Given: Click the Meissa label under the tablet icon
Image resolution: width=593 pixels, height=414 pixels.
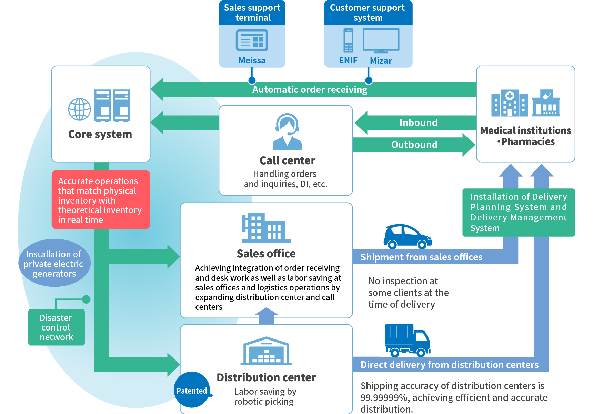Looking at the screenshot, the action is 252,60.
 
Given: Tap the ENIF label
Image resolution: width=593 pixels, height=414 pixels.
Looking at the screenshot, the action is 348,60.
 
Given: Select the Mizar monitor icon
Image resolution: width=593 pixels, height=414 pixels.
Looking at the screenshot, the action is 381,41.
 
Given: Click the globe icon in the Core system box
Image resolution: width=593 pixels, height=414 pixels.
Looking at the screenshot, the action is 80,109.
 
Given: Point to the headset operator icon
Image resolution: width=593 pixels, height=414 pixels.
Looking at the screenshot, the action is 287,131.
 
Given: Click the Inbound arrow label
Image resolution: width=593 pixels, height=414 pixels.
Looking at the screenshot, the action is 419,122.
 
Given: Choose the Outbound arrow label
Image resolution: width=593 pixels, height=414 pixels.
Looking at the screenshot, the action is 414,145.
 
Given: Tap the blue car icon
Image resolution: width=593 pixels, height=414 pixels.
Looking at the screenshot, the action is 408,237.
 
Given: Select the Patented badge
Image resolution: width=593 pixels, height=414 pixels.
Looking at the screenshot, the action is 192,390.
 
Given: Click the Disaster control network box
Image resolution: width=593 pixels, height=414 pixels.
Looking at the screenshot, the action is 57,327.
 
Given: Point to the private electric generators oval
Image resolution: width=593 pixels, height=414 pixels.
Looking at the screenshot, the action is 54,263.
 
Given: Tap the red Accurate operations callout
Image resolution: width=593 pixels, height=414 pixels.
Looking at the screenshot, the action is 101,200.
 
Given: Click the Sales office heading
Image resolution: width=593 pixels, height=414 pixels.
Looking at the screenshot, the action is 266,254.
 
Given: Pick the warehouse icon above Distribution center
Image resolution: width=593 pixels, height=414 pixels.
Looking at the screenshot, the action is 266,351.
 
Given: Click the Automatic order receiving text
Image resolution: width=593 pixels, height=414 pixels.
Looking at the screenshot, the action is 310,90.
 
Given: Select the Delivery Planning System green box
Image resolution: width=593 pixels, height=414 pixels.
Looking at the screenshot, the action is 519,212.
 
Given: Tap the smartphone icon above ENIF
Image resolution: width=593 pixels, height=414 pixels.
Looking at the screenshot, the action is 349,41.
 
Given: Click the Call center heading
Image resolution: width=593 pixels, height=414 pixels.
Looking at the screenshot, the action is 287,160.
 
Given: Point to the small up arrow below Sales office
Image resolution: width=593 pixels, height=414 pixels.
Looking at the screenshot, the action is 266,316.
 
